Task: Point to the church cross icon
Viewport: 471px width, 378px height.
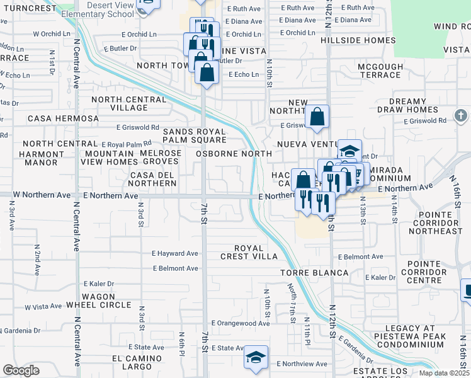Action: click(461, 116)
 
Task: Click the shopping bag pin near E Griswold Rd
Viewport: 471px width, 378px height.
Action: click(317, 117)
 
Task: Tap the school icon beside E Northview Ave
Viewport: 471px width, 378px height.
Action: click(256, 358)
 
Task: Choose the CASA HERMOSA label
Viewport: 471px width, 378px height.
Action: click(63, 118)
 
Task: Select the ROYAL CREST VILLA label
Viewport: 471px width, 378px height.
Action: click(248, 252)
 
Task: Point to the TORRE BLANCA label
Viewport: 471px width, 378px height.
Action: click(314, 272)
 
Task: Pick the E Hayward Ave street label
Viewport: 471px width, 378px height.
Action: click(174, 253)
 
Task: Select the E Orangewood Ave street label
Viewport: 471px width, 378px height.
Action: click(240, 323)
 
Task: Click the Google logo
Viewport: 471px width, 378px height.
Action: click(21, 370)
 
